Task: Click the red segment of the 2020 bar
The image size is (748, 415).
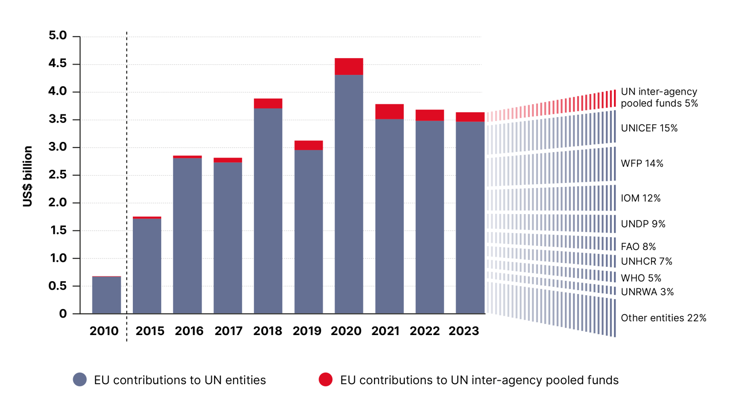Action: coord(349,66)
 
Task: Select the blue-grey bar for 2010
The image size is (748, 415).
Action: coord(106,295)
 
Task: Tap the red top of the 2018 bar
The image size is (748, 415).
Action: coord(268,103)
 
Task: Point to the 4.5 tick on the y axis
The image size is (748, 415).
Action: coord(58,64)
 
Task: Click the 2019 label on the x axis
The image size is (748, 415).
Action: coord(307,331)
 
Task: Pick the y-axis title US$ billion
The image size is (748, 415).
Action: coord(27,176)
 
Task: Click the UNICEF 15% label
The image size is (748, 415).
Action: coord(649,128)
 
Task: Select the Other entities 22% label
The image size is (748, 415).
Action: coord(663,318)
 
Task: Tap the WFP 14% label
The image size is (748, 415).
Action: coord(642,163)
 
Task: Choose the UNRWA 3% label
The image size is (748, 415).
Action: coord(647,292)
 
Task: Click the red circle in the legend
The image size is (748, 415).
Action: coord(325,380)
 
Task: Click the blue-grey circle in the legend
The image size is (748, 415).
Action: coord(80,380)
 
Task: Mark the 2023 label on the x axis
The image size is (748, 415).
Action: coord(464,331)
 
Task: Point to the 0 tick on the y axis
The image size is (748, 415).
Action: coord(63,314)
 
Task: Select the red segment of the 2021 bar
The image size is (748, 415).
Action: coord(389,112)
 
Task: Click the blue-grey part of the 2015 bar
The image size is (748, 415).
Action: coord(147,266)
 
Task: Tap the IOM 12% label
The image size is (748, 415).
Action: coord(640,199)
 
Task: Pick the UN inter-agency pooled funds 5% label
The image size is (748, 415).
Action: coord(659,98)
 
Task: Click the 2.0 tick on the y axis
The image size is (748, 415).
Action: coord(58,203)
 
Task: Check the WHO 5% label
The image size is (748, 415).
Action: coord(641,278)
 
